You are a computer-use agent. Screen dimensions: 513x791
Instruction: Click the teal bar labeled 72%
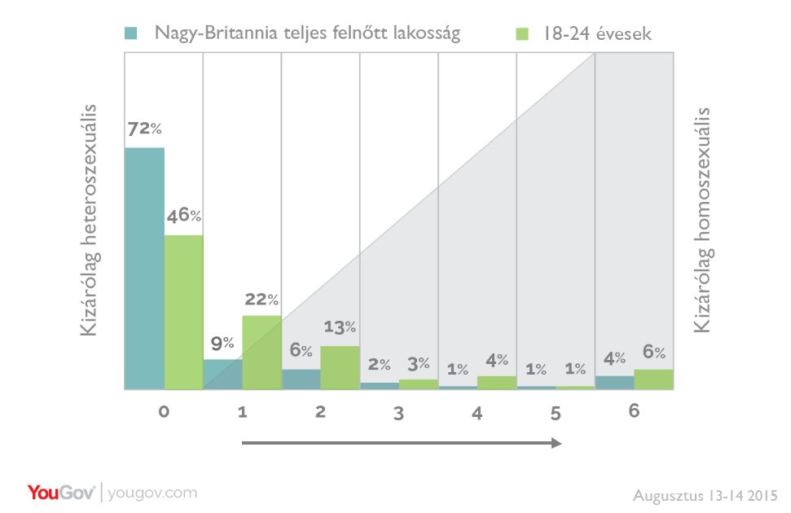click(144, 268)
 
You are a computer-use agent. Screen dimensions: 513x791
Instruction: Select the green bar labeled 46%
click(183, 312)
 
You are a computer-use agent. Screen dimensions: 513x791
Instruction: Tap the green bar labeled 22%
click(261, 352)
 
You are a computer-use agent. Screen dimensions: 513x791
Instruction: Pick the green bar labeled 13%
click(340, 367)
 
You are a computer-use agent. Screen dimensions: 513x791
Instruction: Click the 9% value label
click(223, 343)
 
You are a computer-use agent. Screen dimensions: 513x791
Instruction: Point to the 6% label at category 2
click(301, 351)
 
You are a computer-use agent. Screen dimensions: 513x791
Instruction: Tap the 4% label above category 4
click(497, 359)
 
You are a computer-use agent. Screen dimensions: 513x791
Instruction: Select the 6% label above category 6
click(654, 352)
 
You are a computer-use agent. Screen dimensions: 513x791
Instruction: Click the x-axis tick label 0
click(164, 412)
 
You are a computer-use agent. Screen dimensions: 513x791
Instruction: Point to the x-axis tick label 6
click(634, 410)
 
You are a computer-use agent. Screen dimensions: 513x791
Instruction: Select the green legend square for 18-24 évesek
click(524, 33)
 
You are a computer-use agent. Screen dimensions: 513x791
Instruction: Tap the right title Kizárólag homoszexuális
click(702, 220)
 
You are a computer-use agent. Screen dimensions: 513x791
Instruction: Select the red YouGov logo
click(61, 493)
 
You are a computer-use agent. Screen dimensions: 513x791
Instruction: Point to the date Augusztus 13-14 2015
click(705, 495)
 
